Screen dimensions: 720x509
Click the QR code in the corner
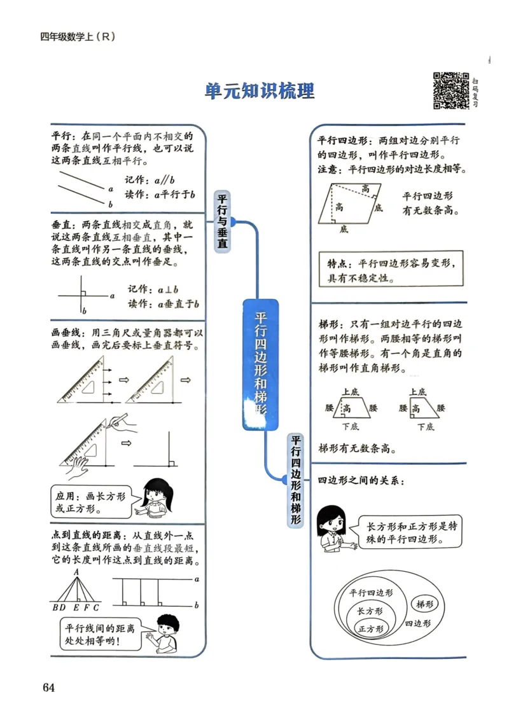[x=451, y=91]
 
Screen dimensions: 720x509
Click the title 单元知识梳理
[x=260, y=91]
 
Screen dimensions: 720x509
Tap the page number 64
[x=49, y=688]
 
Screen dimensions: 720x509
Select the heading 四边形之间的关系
[x=360, y=481]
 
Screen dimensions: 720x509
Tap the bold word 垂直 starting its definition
[x=61, y=225]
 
